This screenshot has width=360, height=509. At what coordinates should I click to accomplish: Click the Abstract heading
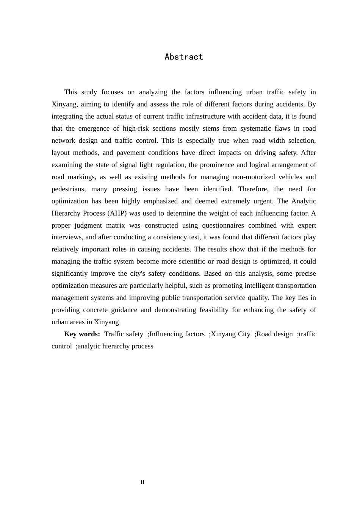184,57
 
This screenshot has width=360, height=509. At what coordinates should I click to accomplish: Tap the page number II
142,482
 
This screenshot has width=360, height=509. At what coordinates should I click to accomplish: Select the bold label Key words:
82,334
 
